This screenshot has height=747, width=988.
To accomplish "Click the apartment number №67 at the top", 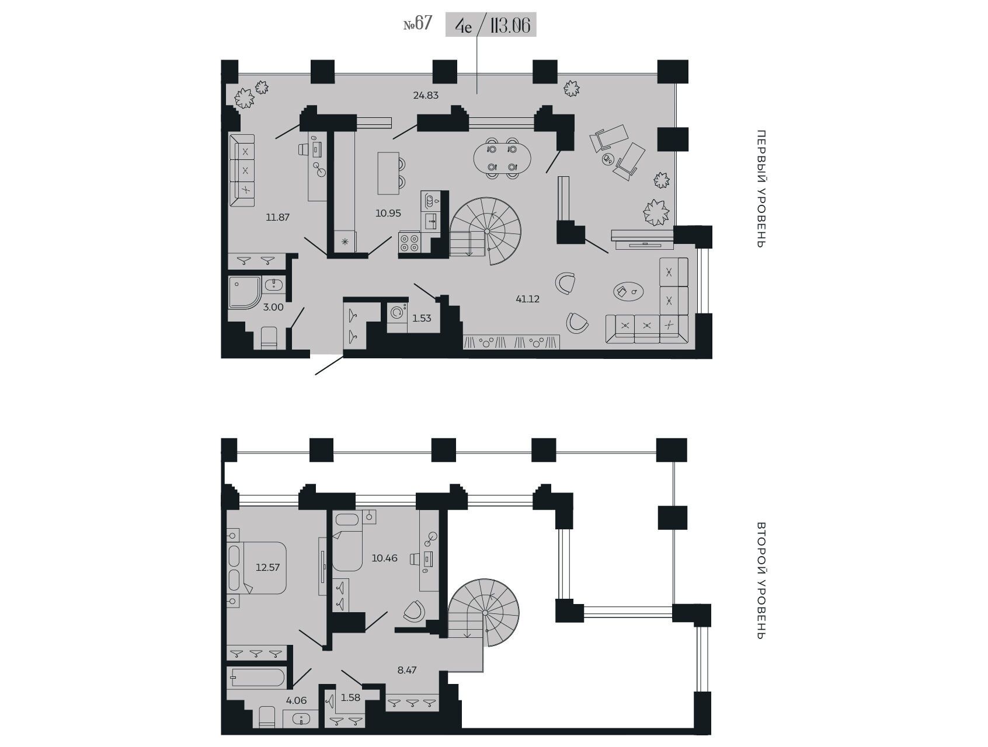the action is [418, 24].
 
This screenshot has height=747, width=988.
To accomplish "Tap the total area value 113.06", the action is [510, 25].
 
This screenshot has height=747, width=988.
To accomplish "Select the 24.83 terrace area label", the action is [426, 95].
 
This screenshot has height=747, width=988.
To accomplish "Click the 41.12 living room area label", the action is [527, 299].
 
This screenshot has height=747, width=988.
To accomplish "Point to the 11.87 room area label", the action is [277, 217].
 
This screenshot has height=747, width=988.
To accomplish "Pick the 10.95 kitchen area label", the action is [388, 213].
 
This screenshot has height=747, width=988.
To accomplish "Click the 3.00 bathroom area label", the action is [273, 307].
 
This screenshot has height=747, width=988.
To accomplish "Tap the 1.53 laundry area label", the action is [422, 318].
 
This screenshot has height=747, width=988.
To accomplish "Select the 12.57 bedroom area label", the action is [268, 567].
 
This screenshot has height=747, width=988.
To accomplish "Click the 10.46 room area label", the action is [384, 558].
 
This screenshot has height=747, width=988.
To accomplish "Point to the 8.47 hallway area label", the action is [407, 670].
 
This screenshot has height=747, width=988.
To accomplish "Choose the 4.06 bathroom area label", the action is [296, 700].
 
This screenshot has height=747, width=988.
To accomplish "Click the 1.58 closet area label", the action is [351, 697].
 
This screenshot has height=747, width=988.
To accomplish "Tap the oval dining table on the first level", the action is [502, 158].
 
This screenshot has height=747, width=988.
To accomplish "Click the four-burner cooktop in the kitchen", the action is [409, 243].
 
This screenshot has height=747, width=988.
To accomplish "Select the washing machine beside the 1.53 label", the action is [397, 313].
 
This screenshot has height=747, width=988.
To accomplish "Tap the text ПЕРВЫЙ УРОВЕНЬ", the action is [760, 189].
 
